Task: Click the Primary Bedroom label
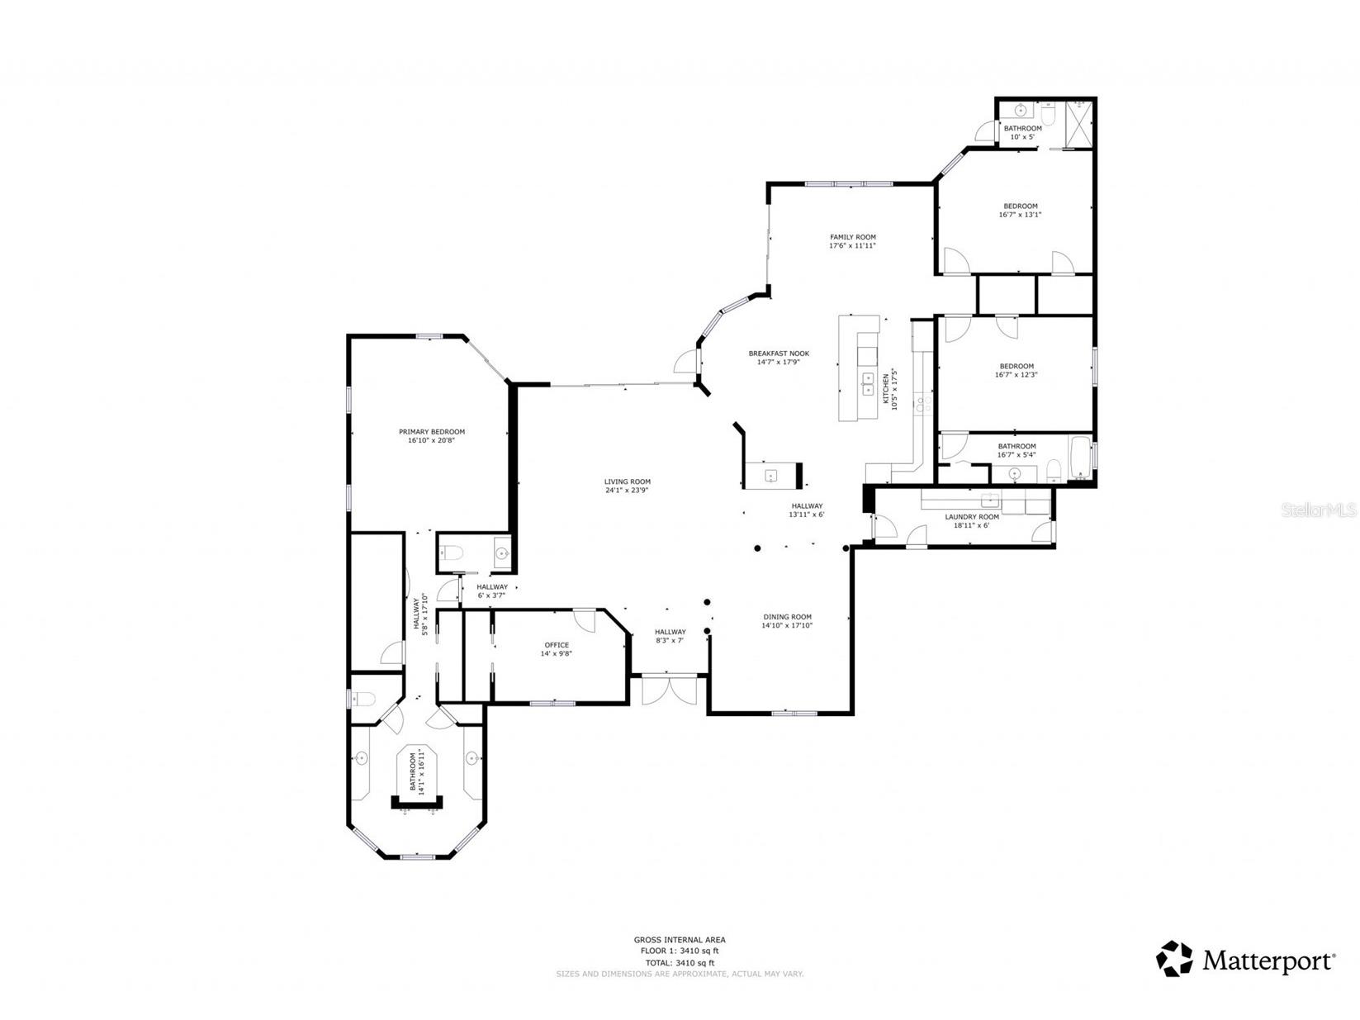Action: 431,432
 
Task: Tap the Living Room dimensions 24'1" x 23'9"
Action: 627,491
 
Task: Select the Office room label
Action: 557,645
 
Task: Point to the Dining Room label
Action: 786,617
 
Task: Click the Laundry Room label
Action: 971,517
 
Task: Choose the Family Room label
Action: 852,237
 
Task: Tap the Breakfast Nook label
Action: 778,353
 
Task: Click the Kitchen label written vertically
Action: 886,388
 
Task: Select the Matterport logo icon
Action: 1173,959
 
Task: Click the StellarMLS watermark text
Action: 1319,511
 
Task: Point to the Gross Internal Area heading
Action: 679,939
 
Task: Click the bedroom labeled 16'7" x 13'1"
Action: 1020,211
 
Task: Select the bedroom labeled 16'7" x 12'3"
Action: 1016,370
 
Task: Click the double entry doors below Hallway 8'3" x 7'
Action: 669,690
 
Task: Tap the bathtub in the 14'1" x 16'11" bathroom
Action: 416,772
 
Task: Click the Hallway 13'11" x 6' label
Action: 806,510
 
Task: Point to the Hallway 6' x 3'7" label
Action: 491,591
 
